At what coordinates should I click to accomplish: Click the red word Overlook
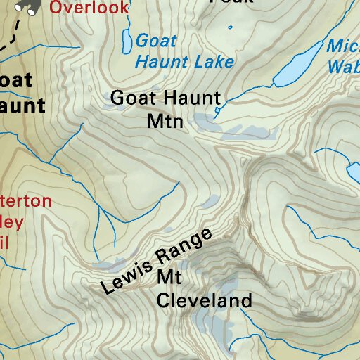pyautogui.click(x=90, y=8)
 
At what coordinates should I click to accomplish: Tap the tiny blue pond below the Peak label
pyautogui.click(x=230, y=27)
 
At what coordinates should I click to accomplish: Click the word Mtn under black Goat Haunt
pyautogui.click(x=165, y=122)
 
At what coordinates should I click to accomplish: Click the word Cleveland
pyautogui.click(x=204, y=302)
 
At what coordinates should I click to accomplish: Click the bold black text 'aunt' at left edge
pyautogui.click(x=22, y=105)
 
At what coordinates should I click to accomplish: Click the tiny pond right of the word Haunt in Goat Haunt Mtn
pyautogui.click(x=217, y=110)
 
